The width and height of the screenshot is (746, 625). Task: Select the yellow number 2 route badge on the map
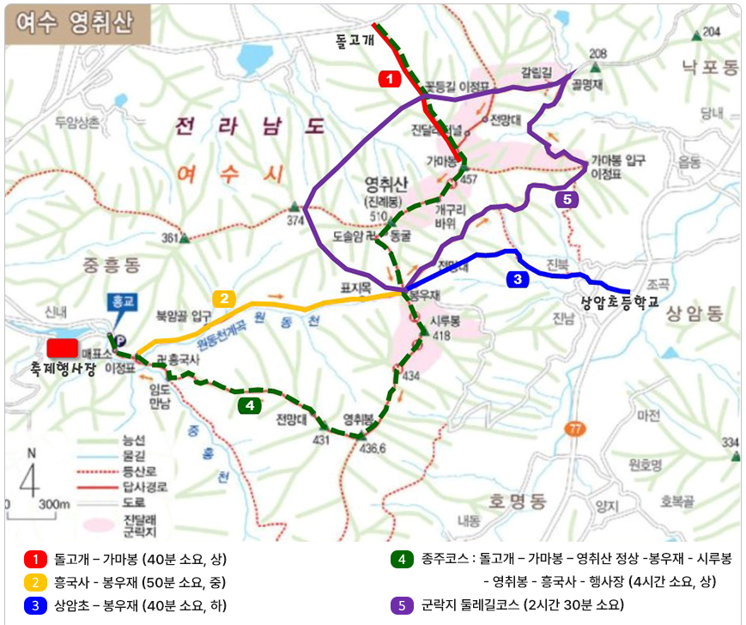(223, 299)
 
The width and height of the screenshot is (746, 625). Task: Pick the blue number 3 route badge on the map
(518, 279)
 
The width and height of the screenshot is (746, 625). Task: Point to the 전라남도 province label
(250, 127)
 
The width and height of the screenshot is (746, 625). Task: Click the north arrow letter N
(31, 452)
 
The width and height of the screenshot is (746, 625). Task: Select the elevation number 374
(295, 221)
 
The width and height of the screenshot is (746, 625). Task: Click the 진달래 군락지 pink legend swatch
(100, 520)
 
